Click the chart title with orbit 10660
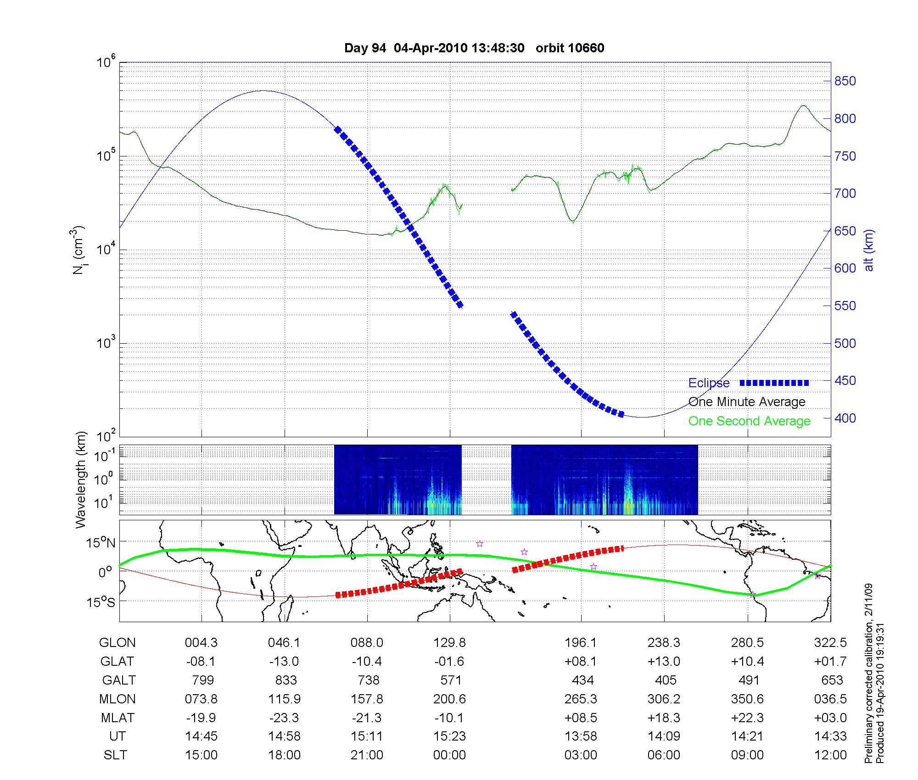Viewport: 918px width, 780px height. [474, 48]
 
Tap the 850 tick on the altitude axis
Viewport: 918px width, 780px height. [845, 81]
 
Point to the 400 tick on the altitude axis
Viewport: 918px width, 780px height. [845, 418]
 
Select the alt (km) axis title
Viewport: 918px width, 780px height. [869, 251]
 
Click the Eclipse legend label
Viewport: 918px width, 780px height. [709, 383]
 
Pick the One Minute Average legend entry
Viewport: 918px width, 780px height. [747, 402]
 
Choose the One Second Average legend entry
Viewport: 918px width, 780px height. [749, 421]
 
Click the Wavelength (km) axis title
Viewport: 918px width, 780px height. [81, 479]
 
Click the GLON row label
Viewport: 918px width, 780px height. [117, 642]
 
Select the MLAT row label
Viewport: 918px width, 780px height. [117, 718]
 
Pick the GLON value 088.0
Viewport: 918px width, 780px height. [367, 642]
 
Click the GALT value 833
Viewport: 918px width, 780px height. [285, 680]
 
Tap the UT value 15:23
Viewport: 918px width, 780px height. [449, 736]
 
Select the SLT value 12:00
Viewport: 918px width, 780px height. [830, 755]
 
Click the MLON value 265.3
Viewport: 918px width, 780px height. [581, 699]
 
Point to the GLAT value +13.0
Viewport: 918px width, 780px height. [664, 661]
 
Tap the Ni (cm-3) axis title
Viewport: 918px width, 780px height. [78, 250]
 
